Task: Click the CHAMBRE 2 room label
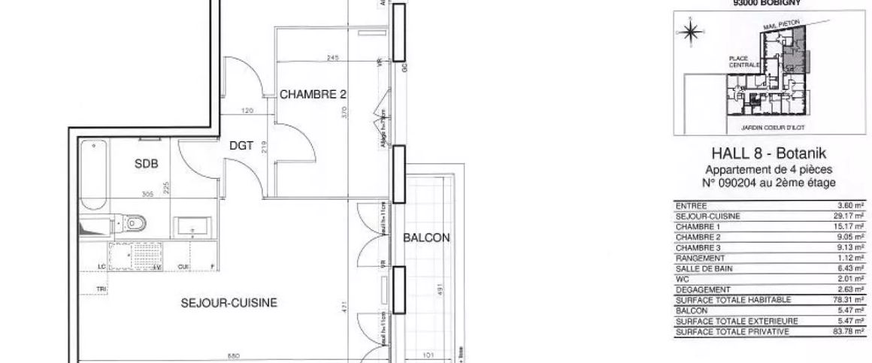313,95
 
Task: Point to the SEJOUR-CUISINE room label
229,303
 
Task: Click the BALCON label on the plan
426,238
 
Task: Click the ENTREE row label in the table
691,205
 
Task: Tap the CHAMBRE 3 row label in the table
698,247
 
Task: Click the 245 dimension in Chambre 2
334,57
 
